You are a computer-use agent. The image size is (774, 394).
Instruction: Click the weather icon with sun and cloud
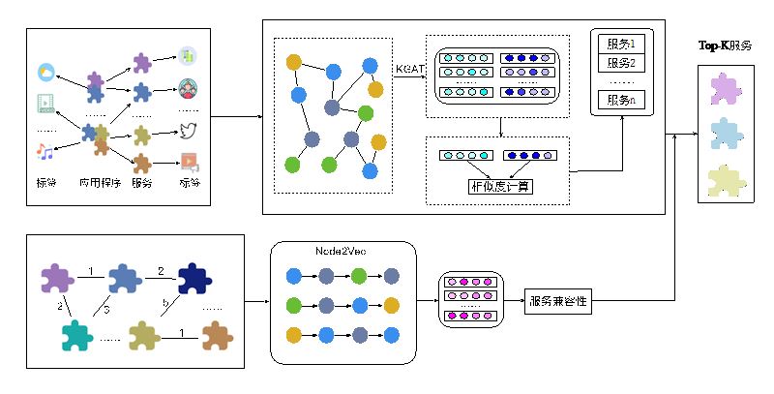[46, 72]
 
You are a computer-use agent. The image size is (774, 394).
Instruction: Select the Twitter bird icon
[188, 130]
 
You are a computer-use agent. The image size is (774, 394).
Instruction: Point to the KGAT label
[408, 69]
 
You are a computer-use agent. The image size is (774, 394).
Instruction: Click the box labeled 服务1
[619, 45]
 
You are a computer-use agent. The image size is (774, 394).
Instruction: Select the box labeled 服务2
[619, 64]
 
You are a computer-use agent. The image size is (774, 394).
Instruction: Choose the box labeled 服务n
[619, 101]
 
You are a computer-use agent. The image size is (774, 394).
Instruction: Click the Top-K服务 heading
[725, 45]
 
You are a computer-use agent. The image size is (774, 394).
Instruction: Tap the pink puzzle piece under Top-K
[725, 90]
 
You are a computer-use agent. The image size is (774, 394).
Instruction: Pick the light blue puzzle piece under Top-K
[725, 134]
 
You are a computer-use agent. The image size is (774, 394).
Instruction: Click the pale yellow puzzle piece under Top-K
[725, 179]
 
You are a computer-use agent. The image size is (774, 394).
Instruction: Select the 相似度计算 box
[499, 185]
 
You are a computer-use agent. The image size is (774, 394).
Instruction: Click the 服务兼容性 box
[558, 301]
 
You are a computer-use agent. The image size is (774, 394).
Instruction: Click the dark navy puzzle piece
[193, 279]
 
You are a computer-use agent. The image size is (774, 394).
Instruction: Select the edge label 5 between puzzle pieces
[106, 308]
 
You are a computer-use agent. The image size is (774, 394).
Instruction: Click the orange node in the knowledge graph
[295, 62]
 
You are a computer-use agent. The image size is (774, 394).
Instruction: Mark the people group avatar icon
[188, 92]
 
